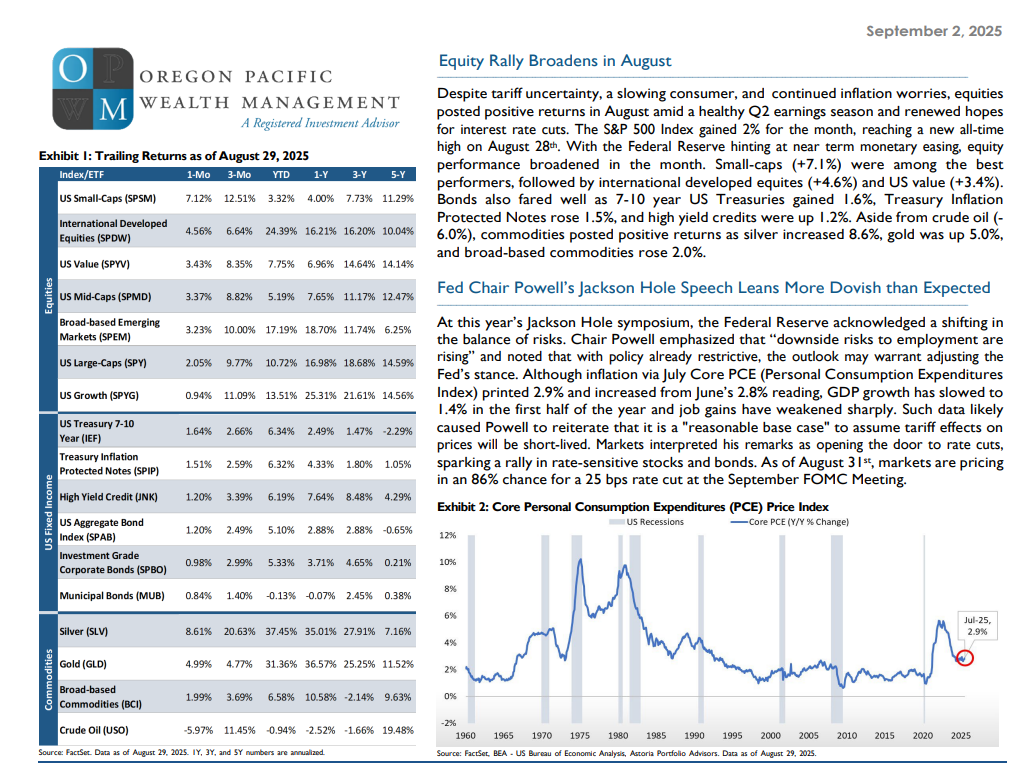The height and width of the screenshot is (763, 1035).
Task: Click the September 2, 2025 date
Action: click(x=933, y=31)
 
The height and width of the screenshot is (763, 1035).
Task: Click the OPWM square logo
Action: click(x=93, y=88)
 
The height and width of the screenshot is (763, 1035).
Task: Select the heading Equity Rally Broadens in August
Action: click(x=554, y=61)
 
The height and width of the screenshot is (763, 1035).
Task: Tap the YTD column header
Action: click(x=281, y=175)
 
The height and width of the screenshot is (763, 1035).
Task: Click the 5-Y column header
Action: click(x=398, y=175)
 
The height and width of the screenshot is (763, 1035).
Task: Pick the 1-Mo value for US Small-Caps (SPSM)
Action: click(x=199, y=198)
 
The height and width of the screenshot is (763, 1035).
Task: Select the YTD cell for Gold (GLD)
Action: click(x=281, y=664)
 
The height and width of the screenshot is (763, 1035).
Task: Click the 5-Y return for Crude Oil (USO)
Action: click(x=398, y=730)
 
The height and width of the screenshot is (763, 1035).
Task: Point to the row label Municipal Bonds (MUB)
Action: click(x=112, y=595)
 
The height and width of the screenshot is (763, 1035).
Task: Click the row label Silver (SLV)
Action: click(x=83, y=631)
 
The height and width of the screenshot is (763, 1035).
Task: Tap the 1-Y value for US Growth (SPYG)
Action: click(x=321, y=395)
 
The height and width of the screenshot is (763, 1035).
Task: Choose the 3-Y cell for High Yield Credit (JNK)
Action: click(x=359, y=497)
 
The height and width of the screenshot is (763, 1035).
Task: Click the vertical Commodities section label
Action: click(x=48, y=680)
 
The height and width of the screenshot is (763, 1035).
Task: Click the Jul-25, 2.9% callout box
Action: click(x=977, y=626)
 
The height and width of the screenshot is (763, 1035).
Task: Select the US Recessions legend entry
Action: click(x=646, y=521)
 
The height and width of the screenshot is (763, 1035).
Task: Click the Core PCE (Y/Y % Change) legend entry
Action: click(x=789, y=521)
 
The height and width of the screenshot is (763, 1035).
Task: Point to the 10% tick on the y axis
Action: click(x=448, y=562)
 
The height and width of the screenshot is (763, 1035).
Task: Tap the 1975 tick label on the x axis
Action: click(x=580, y=735)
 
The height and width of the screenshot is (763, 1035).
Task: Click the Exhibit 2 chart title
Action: click(x=633, y=507)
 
